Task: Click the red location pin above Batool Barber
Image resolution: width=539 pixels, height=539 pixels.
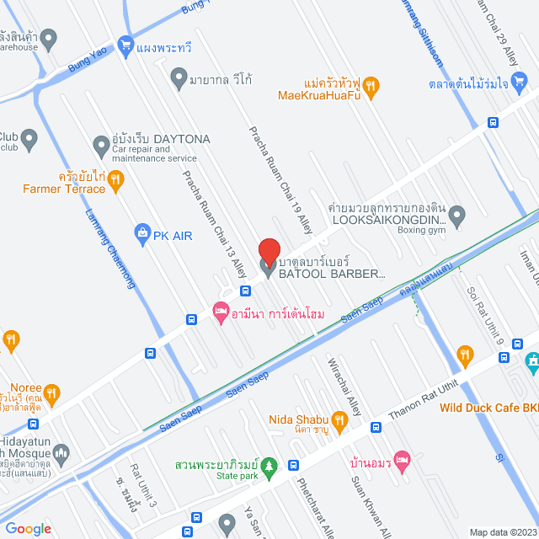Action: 269,252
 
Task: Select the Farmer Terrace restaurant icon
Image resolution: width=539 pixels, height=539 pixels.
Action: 116,178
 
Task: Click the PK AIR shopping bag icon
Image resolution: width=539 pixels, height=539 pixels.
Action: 141,232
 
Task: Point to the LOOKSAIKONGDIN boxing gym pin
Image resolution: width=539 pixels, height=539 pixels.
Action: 456,216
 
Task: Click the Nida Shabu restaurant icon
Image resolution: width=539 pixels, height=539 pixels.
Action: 339,419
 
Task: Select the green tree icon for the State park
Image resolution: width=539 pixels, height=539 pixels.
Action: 269,465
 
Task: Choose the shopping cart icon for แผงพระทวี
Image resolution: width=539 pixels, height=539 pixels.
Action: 126,45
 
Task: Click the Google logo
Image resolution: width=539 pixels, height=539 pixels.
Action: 28,529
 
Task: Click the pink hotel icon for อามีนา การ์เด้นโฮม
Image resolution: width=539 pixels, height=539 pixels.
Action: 221,312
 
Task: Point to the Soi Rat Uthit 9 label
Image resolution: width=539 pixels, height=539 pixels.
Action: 483,316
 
